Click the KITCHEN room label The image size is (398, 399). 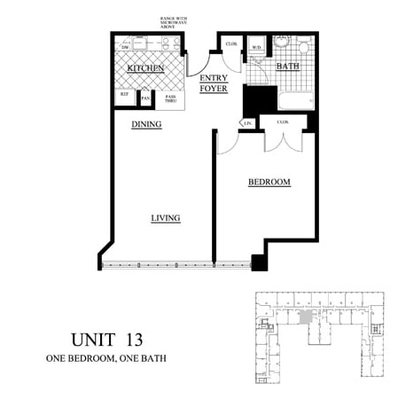click(x=144, y=68)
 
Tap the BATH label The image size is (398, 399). click(x=287, y=66)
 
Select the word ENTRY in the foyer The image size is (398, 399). click(x=214, y=78)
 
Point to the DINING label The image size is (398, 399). click(x=146, y=124)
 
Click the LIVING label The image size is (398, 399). click(x=165, y=217)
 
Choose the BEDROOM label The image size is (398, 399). click(x=269, y=182)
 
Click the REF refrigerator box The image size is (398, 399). click(x=124, y=94)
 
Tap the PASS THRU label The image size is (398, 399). click(x=171, y=98)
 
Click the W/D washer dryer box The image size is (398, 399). click(x=255, y=47)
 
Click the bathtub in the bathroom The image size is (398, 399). click(x=296, y=98)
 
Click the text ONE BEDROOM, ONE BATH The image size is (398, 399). click(x=105, y=358)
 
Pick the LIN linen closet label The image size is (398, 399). click(x=249, y=121)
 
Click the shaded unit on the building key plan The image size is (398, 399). click(x=306, y=317)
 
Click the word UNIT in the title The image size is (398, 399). click(x=90, y=338)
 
